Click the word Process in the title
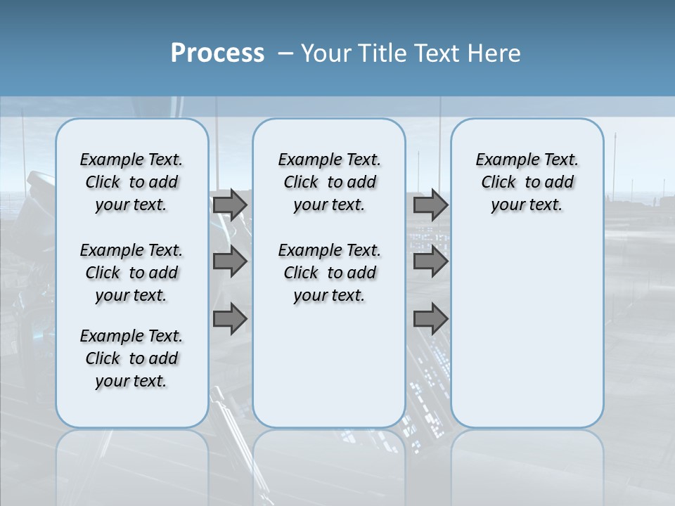coord(217,53)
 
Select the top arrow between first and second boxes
coord(230,205)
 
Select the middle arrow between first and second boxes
coord(230,262)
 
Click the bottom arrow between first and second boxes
coord(230,320)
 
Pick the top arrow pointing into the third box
coord(430,205)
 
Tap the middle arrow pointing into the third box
coord(430,262)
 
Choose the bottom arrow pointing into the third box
coord(430,320)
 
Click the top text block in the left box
coord(131,182)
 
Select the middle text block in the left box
coord(131,273)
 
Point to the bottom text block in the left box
coord(131,358)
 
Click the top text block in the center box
coord(329,182)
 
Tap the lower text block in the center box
coord(329,273)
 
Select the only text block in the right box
coord(527,182)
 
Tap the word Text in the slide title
coord(436,53)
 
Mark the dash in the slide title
coord(285,53)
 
